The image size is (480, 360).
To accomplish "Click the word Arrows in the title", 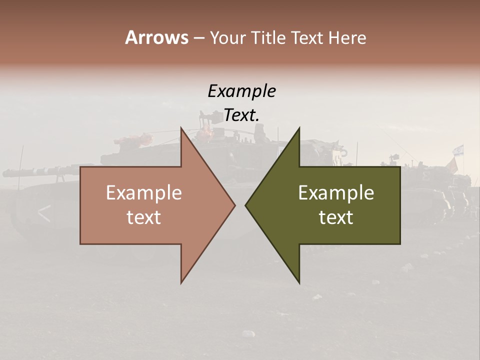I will click(x=156, y=37).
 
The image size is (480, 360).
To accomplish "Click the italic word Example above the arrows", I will click(x=241, y=91).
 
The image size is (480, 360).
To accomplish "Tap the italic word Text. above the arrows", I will click(x=241, y=115).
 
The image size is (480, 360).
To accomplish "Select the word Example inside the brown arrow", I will click(x=144, y=192).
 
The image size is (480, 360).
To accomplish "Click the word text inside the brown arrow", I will click(x=144, y=217).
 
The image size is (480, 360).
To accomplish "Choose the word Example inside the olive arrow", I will click(x=336, y=192).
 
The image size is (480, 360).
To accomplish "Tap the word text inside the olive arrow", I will click(x=336, y=217).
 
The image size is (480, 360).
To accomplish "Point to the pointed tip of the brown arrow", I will click(x=234, y=205).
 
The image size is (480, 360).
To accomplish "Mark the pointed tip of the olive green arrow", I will click(x=246, y=205).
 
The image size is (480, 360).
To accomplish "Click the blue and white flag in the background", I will click(x=458, y=149).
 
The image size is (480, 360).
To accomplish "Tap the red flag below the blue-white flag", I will click(x=452, y=165).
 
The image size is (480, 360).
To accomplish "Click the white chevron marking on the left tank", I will click(x=44, y=213).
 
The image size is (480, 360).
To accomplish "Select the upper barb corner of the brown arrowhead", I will click(x=181, y=128).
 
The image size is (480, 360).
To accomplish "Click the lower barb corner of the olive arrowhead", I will click(x=299, y=282).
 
